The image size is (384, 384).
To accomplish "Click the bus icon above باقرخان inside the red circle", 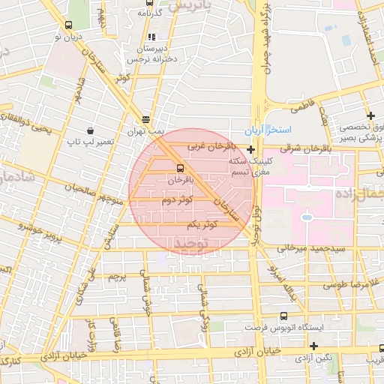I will tap(180, 168).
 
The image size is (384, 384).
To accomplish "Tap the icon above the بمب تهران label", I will tap(145, 119).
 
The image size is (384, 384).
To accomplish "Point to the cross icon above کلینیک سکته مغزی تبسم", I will tap(250, 149).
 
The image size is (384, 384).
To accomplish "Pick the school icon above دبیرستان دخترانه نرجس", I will tap(152, 36).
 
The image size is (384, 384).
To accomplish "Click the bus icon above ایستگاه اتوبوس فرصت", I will tap(283, 316).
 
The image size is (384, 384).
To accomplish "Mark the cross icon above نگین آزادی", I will tap(313, 345).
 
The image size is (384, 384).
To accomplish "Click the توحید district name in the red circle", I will tap(188, 244).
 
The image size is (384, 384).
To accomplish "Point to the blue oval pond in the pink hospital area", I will tap(306, 218).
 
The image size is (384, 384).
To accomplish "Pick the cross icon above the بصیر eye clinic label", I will tap(370, 115).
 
